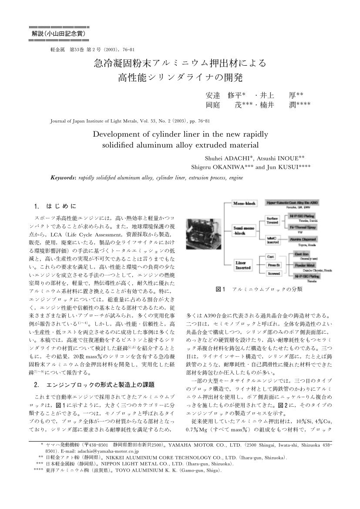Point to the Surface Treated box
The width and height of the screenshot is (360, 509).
(x=273, y=219)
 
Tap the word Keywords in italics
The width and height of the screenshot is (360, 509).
(x=64, y=178)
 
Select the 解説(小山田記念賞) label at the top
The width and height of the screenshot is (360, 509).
(x=58, y=33)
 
